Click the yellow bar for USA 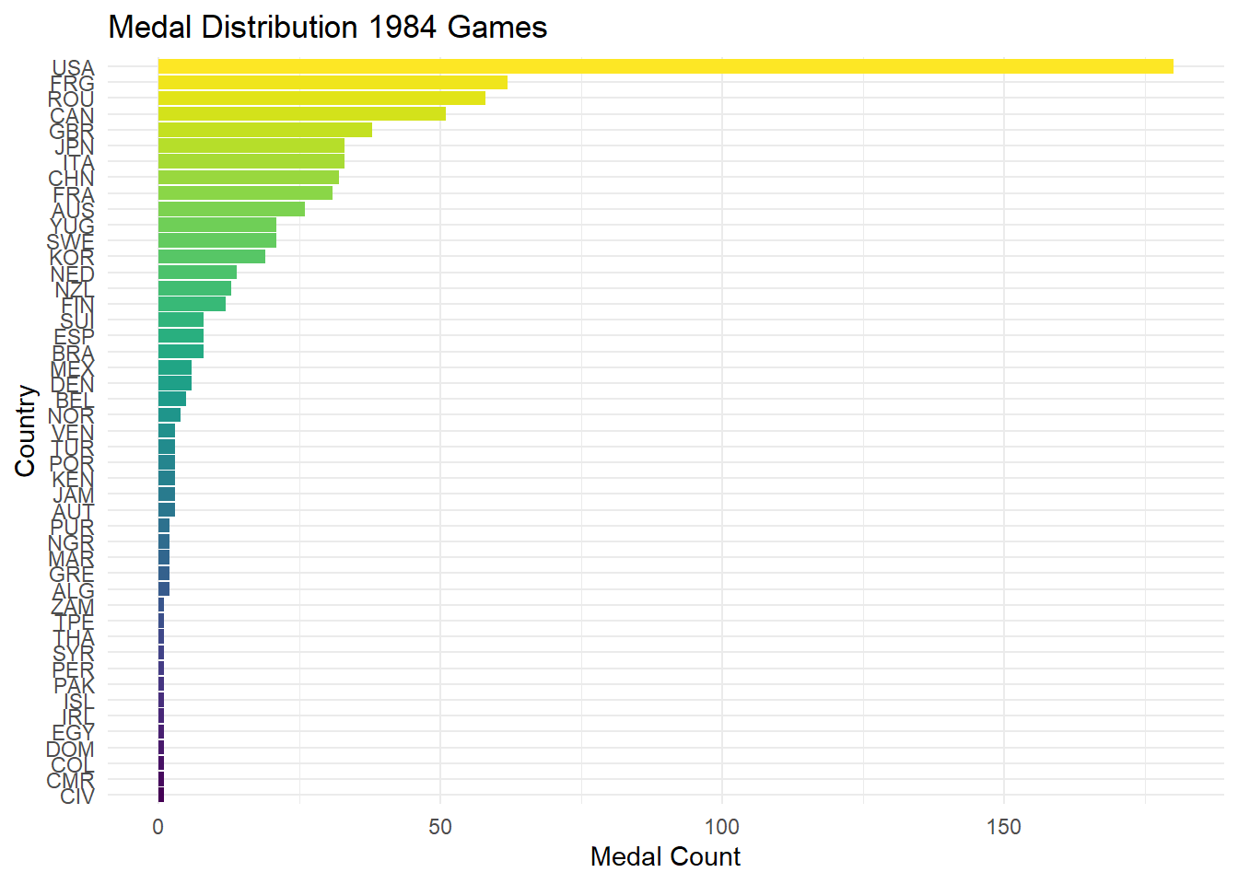click(x=665, y=66)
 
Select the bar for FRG click(x=333, y=82)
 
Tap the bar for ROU click(x=321, y=98)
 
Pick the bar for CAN click(x=301, y=113)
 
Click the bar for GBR click(x=265, y=130)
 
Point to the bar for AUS click(x=231, y=209)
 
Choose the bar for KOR click(x=212, y=256)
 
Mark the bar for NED click(x=197, y=272)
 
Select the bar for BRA click(x=181, y=351)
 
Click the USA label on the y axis click(x=74, y=68)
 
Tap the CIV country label click(x=77, y=796)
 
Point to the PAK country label click(x=75, y=685)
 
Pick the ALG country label click(x=73, y=590)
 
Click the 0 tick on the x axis click(x=158, y=827)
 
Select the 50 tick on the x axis click(x=440, y=827)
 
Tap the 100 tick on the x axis click(x=721, y=827)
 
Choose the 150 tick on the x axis click(x=1003, y=827)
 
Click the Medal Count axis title click(x=665, y=857)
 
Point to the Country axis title click(x=25, y=431)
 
